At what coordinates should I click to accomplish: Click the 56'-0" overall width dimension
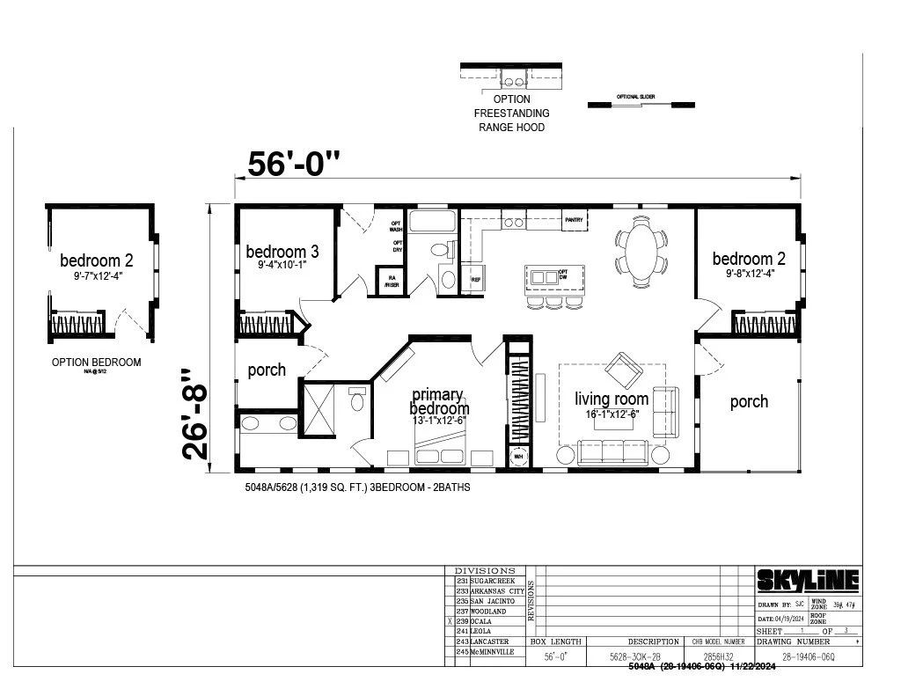(x=293, y=164)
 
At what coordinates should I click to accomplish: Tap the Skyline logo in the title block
(x=808, y=581)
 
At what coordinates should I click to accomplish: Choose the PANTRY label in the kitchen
(x=575, y=219)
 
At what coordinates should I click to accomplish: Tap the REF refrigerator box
(x=475, y=279)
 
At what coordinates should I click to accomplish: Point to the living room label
(x=612, y=399)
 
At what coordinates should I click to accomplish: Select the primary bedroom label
(x=440, y=402)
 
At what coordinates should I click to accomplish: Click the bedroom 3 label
(x=282, y=252)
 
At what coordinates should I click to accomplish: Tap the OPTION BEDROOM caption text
(x=96, y=362)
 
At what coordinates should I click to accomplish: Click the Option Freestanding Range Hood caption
(x=511, y=114)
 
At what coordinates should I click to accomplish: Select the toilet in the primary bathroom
(x=357, y=402)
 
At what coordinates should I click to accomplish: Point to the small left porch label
(x=267, y=370)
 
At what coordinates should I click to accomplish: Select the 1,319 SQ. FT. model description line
(x=357, y=486)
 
